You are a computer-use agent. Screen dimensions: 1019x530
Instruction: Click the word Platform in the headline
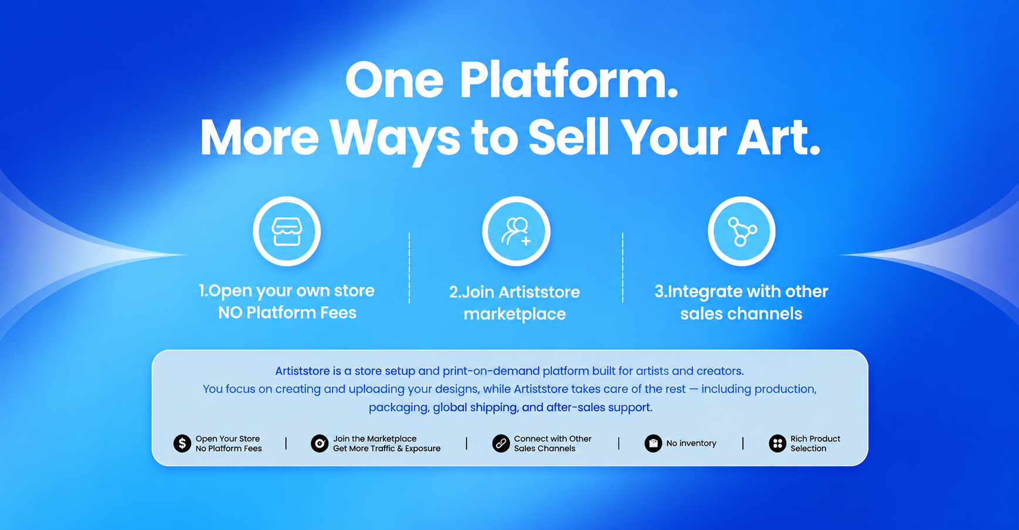point(568,80)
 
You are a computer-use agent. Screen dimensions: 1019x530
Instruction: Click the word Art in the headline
point(779,137)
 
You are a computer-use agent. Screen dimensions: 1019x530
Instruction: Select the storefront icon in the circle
point(287,231)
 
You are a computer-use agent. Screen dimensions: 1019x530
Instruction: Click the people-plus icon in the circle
point(516,231)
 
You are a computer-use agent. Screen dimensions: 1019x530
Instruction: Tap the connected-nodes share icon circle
point(742,231)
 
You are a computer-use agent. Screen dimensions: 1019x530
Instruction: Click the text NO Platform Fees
point(287,313)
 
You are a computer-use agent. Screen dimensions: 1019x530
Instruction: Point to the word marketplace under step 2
point(515,314)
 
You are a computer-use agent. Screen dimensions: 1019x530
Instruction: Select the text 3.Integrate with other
point(741,291)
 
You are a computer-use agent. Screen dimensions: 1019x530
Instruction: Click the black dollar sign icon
point(182,443)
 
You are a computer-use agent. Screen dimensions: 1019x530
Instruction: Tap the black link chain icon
point(501,443)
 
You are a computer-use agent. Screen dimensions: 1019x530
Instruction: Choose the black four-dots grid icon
point(777,443)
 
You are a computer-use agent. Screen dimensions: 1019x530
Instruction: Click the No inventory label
point(691,443)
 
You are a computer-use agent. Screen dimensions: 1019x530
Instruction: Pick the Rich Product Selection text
point(815,443)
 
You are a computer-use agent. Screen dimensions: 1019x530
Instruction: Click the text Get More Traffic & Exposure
point(386,449)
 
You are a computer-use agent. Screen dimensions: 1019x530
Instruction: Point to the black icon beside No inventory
point(653,443)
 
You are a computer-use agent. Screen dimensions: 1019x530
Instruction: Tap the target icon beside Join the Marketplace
point(320,443)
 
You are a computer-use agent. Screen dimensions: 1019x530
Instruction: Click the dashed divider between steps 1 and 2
point(409,268)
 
